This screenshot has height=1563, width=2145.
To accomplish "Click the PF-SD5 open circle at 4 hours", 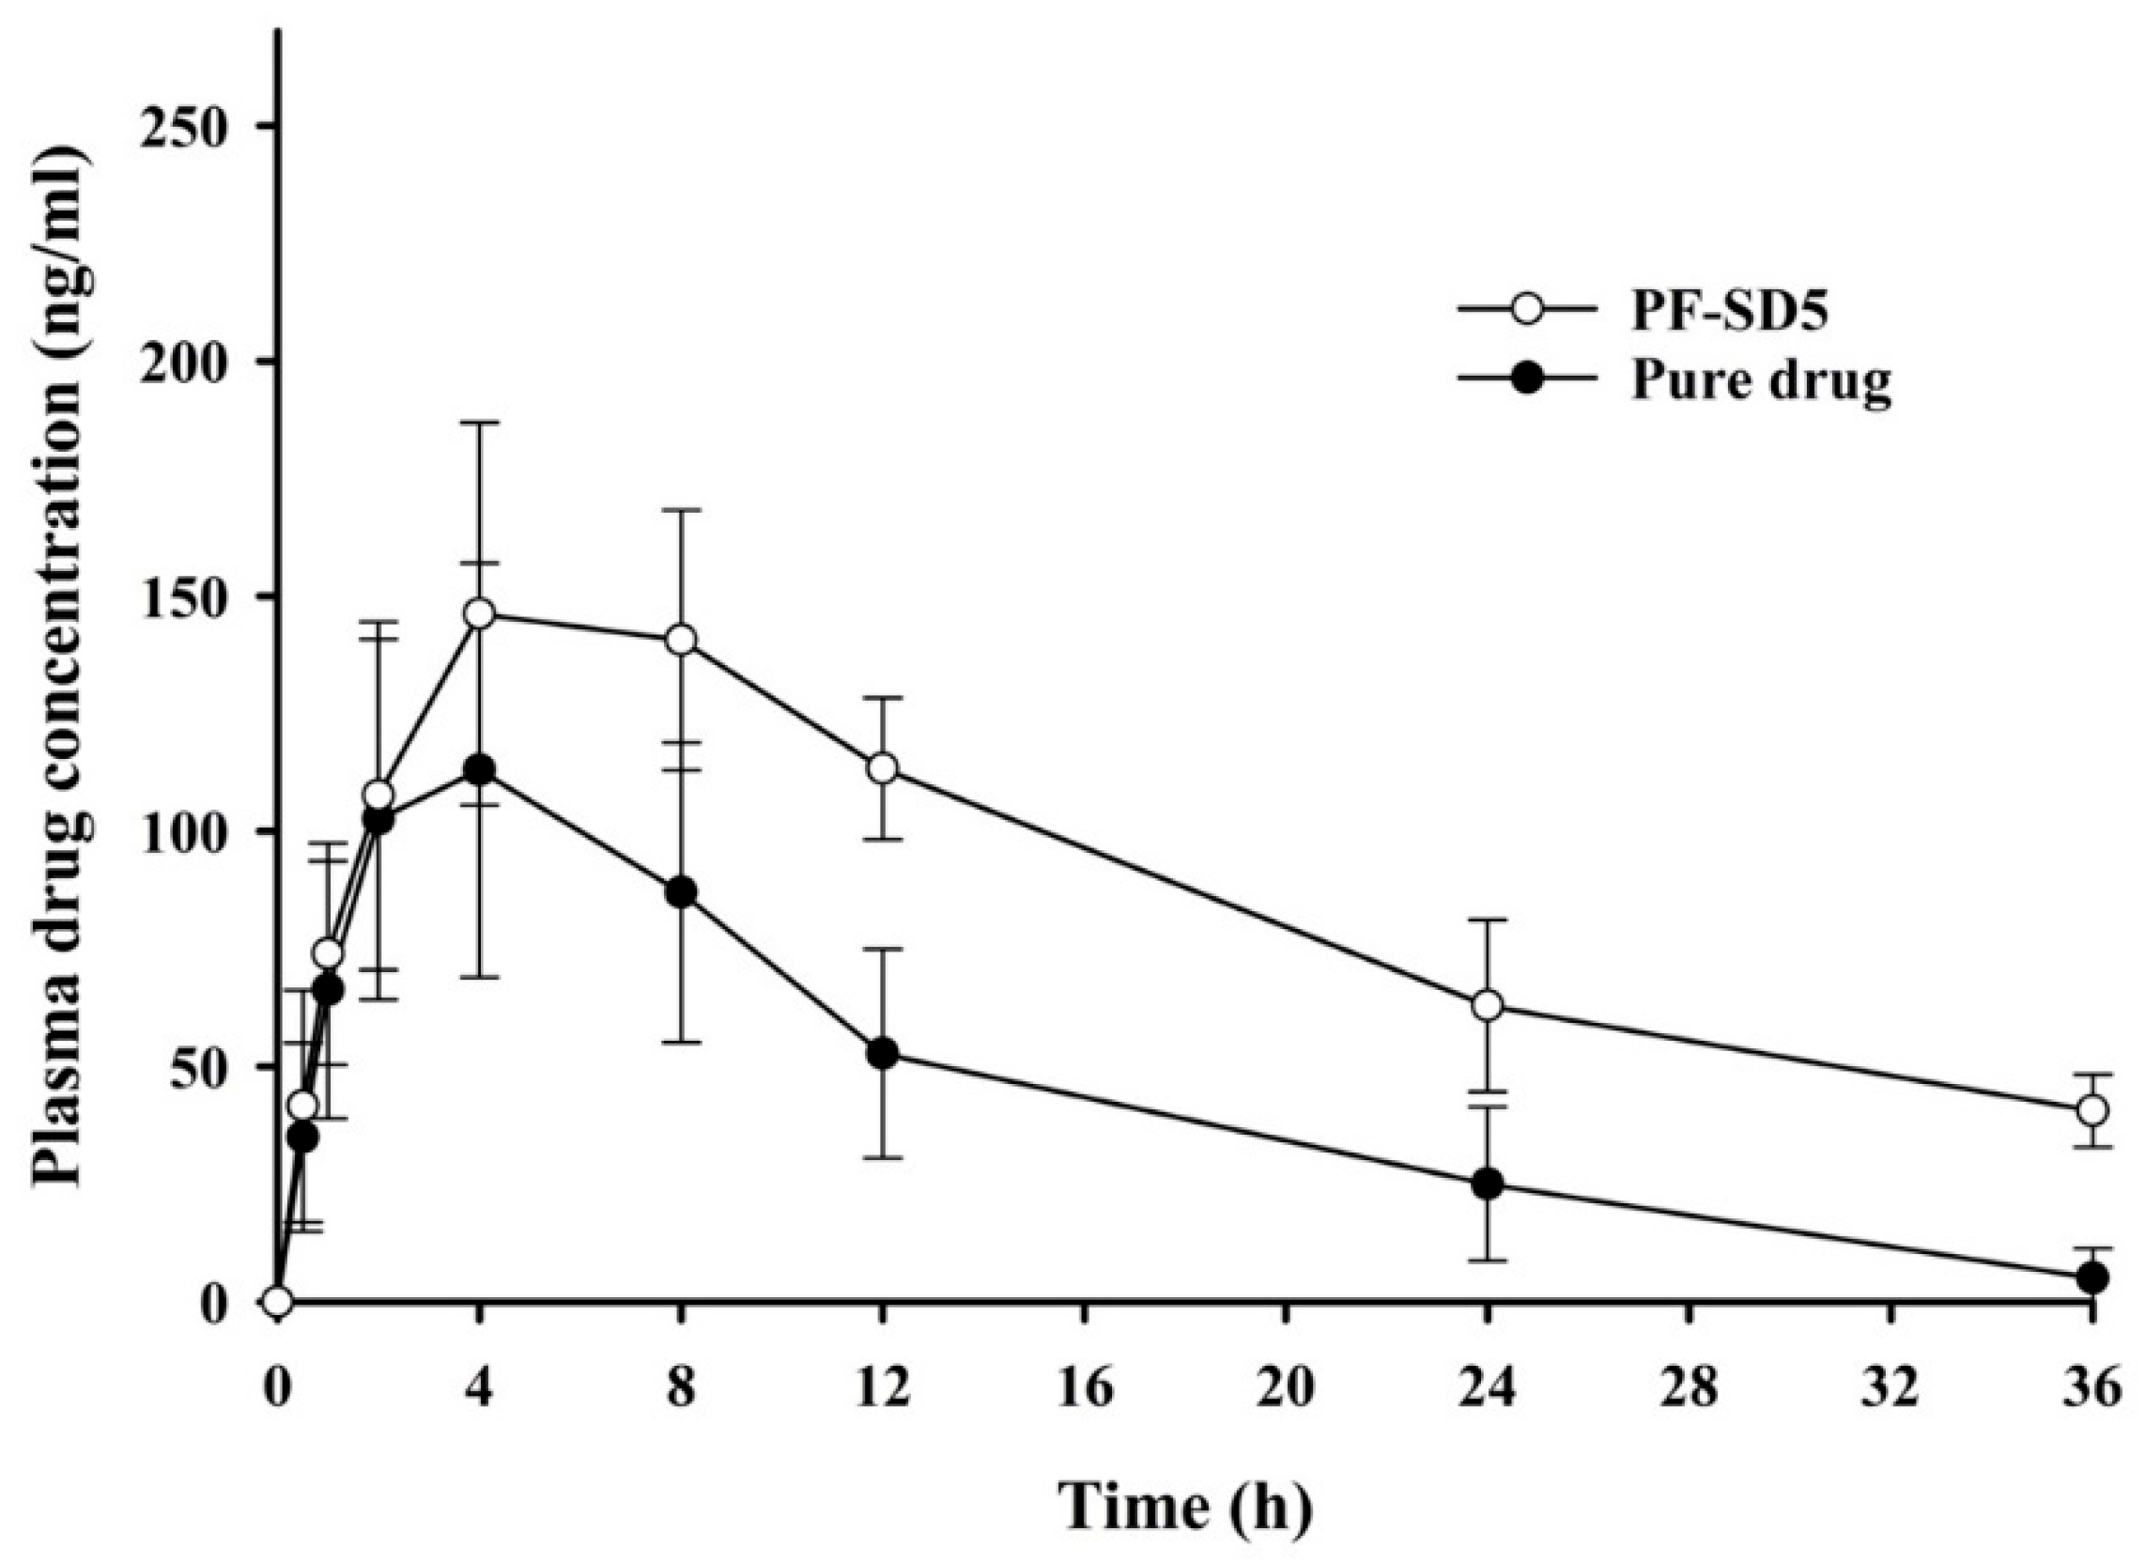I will click(x=480, y=613).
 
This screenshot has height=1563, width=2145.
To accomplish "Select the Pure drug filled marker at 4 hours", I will click(x=480, y=770).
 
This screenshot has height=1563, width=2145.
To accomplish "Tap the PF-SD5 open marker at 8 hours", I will click(x=681, y=640).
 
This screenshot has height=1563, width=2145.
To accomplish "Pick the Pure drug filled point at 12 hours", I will click(x=883, y=1053).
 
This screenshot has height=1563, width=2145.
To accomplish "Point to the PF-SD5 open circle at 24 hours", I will click(x=1488, y=1006).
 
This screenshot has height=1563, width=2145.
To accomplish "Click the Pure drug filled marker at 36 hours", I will click(x=2092, y=1278).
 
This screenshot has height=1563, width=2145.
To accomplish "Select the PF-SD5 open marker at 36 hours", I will click(x=2092, y=1110).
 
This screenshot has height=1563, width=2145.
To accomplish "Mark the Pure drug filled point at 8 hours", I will click(x=681, y=892).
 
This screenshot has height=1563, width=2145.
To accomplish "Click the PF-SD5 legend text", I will click(x=1729, y=313).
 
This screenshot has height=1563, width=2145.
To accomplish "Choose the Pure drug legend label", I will click(x=1760, y=381).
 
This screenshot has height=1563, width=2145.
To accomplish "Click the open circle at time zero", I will click(x=277, y=1302).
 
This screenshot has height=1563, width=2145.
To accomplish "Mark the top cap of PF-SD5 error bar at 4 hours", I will click(x=480, y=423).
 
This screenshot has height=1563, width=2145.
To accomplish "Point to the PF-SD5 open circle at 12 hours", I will click(x=883, y=768).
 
